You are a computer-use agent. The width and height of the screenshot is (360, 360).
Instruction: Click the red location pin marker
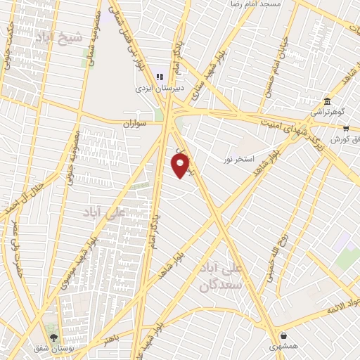[181, 166]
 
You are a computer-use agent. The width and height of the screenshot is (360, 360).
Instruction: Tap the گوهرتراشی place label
[326, 112]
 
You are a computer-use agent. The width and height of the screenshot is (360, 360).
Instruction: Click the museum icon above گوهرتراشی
[327, 100]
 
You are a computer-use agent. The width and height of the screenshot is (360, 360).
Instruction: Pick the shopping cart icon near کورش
[346, 128]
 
